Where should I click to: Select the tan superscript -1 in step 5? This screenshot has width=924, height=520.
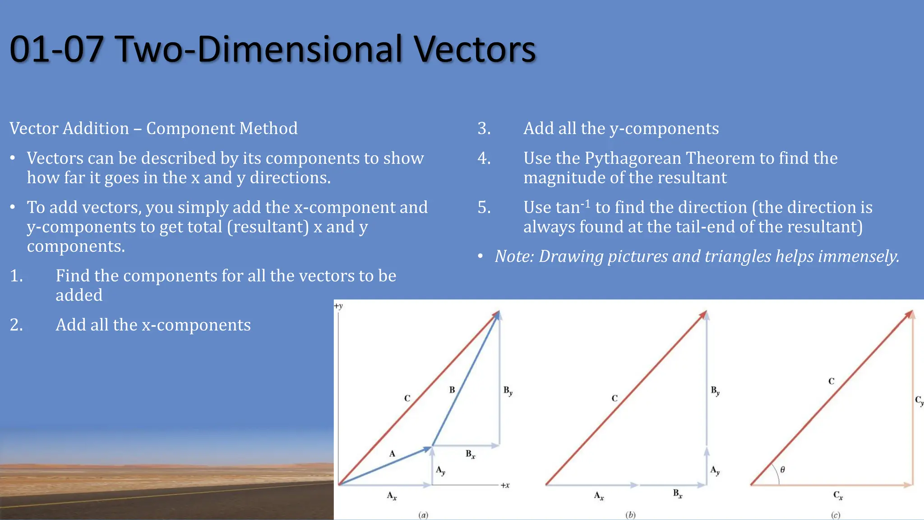pyautogui.click(x=585, y=204)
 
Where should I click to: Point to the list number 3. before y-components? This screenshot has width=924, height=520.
pyautogui.click(x=484, y=129)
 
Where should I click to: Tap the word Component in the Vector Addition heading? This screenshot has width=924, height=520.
pyautogui.click(x=190, y=129)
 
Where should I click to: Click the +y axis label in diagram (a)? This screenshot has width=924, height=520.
pyautogui.click(x=338, y=306)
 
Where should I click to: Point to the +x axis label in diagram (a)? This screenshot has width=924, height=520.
pyautogui.click(x=505, y=485)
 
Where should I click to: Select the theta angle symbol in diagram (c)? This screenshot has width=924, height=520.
pyautogui.click(x=782, y=470)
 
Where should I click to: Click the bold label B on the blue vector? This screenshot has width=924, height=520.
pyautogui.click(x=452, y=390)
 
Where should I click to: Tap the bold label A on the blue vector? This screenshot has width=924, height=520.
pyautogui.click(x=392, y=454)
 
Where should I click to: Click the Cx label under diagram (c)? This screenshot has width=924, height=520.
pyautogui.click(x=838, y=496)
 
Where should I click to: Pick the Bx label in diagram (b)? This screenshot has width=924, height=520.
pyautogui.click(x=678, y=494)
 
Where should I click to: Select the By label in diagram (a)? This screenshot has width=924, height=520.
pyautogui.click(x=508, y=391)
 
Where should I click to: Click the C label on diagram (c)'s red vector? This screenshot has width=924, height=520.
pyautogui.click(x=831, y=381)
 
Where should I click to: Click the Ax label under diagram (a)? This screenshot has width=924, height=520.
pyautogui.click(x=392, y=496)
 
